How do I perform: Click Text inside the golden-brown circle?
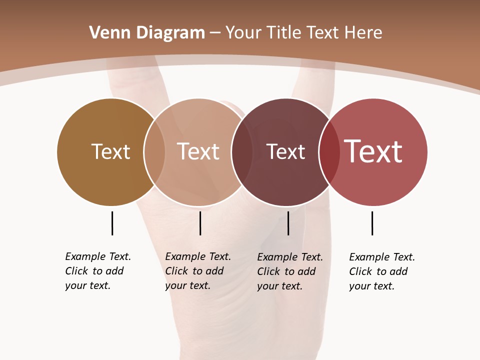(x=110, y=151)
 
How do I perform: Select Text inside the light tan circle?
(x=198, y=151)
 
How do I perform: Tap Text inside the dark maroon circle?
(x=285, y=151)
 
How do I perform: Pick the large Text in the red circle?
(x=373, y=151)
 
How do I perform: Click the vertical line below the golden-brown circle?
(x=112, y=223)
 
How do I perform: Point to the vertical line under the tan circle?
(x=200, y=223)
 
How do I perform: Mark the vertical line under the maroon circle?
(x=288, y=223)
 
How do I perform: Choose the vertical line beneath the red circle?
(x=372, y=223)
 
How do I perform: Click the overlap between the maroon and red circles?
(x=327, y=151)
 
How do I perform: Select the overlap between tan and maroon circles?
(x=240, y=151)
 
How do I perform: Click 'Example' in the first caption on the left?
(x=85, y=257)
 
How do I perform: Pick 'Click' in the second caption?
(x=176, y=271)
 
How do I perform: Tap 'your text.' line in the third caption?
(x=279, y=286)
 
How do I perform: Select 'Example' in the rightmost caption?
(x=369, y=257)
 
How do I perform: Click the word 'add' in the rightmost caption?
(x=398, y=271)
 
